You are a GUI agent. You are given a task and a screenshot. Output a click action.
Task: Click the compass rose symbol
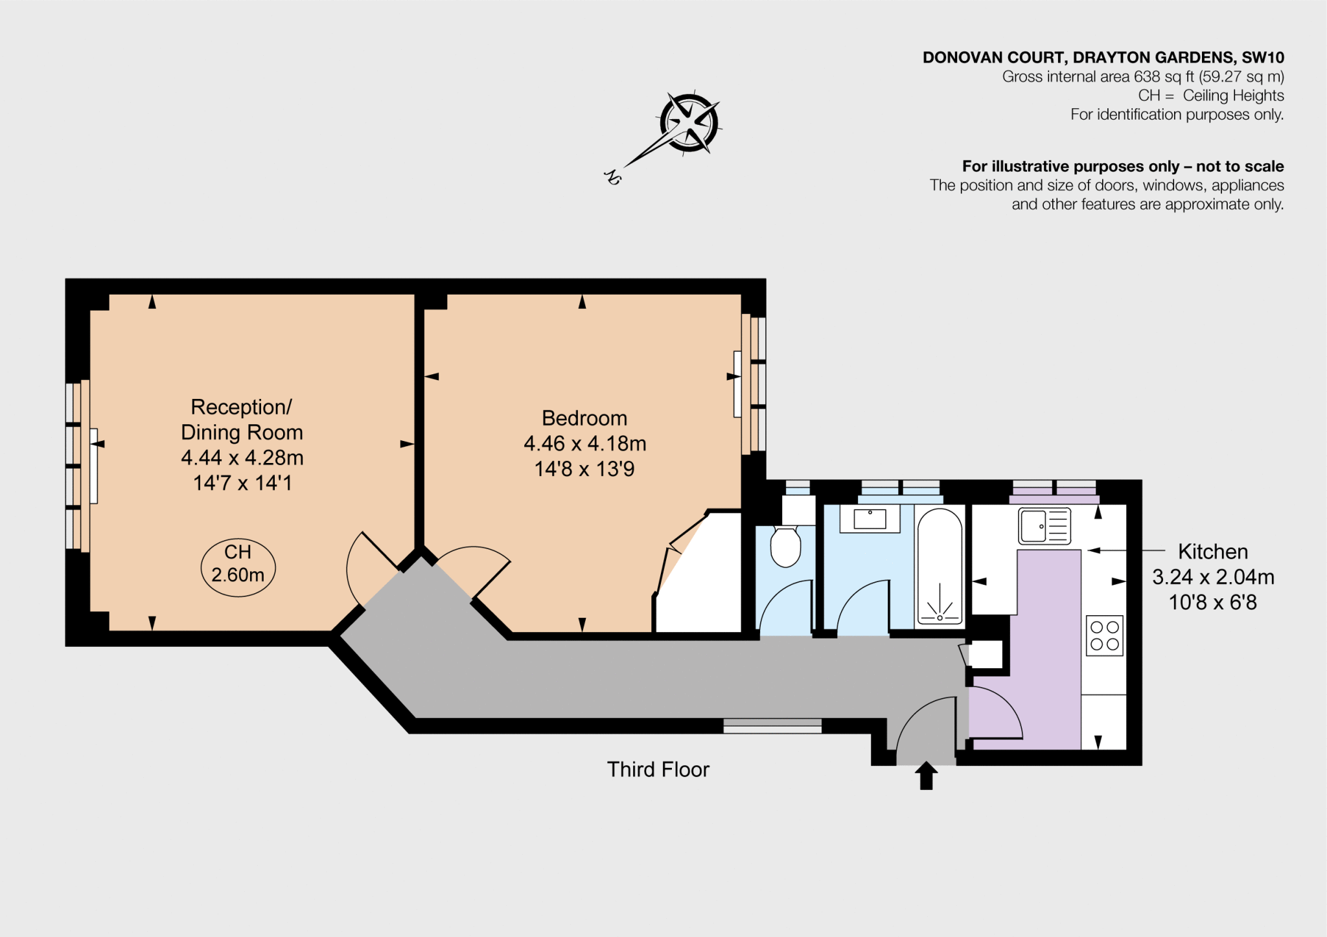(689, 122)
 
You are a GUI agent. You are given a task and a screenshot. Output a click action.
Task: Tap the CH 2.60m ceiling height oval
(238, 567)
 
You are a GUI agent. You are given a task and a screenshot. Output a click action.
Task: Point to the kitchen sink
(1044, 525)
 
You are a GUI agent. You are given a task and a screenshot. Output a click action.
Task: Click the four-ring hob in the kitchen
(1104, 635)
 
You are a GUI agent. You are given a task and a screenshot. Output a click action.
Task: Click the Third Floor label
(658, 769)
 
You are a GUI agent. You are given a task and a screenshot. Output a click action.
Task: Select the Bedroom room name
(584, 418)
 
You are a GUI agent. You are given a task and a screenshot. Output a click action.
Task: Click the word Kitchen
(1212, 552)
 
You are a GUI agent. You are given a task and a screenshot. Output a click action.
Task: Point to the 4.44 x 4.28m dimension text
(242, 458)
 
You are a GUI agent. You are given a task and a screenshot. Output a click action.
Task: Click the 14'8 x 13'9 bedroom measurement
(584, 469)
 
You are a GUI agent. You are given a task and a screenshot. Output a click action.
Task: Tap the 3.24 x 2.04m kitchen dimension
(1213, 577)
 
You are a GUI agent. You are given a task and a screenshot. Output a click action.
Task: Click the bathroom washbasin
(870, 519)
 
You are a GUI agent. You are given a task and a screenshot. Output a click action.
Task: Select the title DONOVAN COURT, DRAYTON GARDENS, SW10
(1103, 58)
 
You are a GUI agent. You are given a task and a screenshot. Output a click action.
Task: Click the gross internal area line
(1143, 76)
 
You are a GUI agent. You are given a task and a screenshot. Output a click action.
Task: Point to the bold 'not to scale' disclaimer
(1123, 166)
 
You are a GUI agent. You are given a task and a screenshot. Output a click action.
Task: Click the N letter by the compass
(612, 176)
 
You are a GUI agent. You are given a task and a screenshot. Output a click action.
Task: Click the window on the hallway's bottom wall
(772, 726)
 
